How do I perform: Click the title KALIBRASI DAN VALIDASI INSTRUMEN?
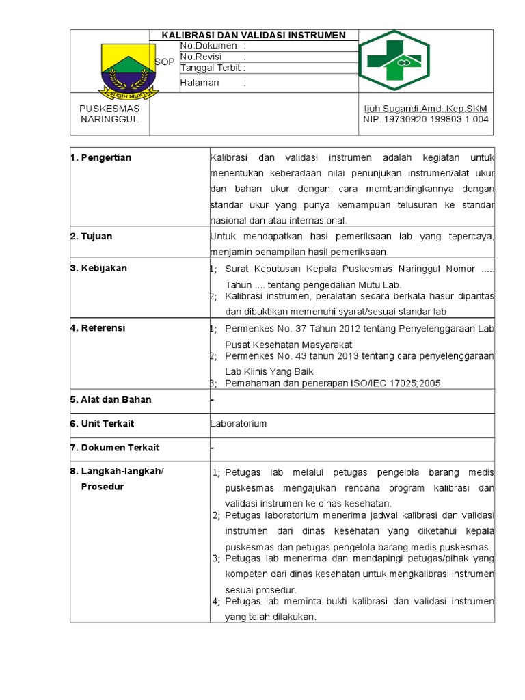[x=253, y=35]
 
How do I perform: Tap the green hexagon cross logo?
[x=394, y=61]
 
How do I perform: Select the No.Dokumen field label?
[x=208, y=46]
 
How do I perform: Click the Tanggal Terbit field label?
[x=213, y=68]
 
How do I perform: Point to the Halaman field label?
[x=200, y=83]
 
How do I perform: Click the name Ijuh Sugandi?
[x=396, y=109]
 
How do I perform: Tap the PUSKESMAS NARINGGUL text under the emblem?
[x=109, y=114]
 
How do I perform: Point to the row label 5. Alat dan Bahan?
[x=111, y=399]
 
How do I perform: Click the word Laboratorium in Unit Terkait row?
[x=239, y=424]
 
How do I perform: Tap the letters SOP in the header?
[x=165, y=62]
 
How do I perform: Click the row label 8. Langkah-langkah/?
[x=117, y=472]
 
